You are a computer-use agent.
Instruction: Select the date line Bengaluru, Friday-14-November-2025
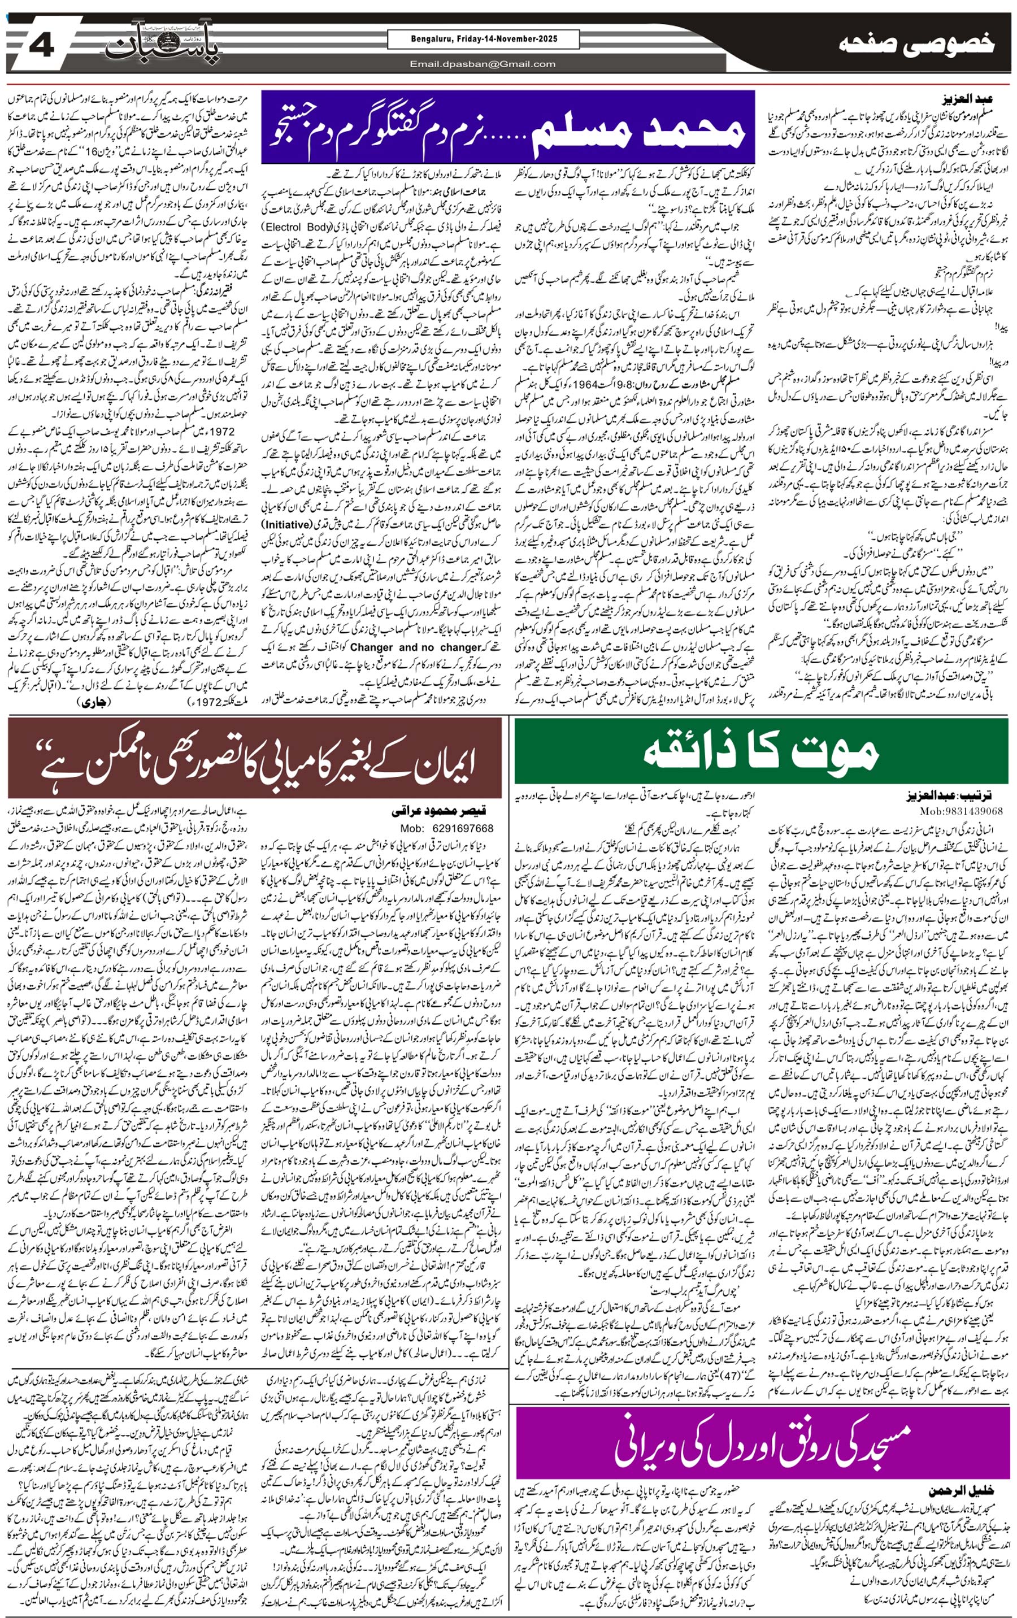point(483,39)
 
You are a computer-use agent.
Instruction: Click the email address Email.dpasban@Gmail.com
point(483,64)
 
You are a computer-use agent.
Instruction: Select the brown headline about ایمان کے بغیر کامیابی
point(255,757)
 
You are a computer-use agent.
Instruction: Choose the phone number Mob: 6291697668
point(447,828)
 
